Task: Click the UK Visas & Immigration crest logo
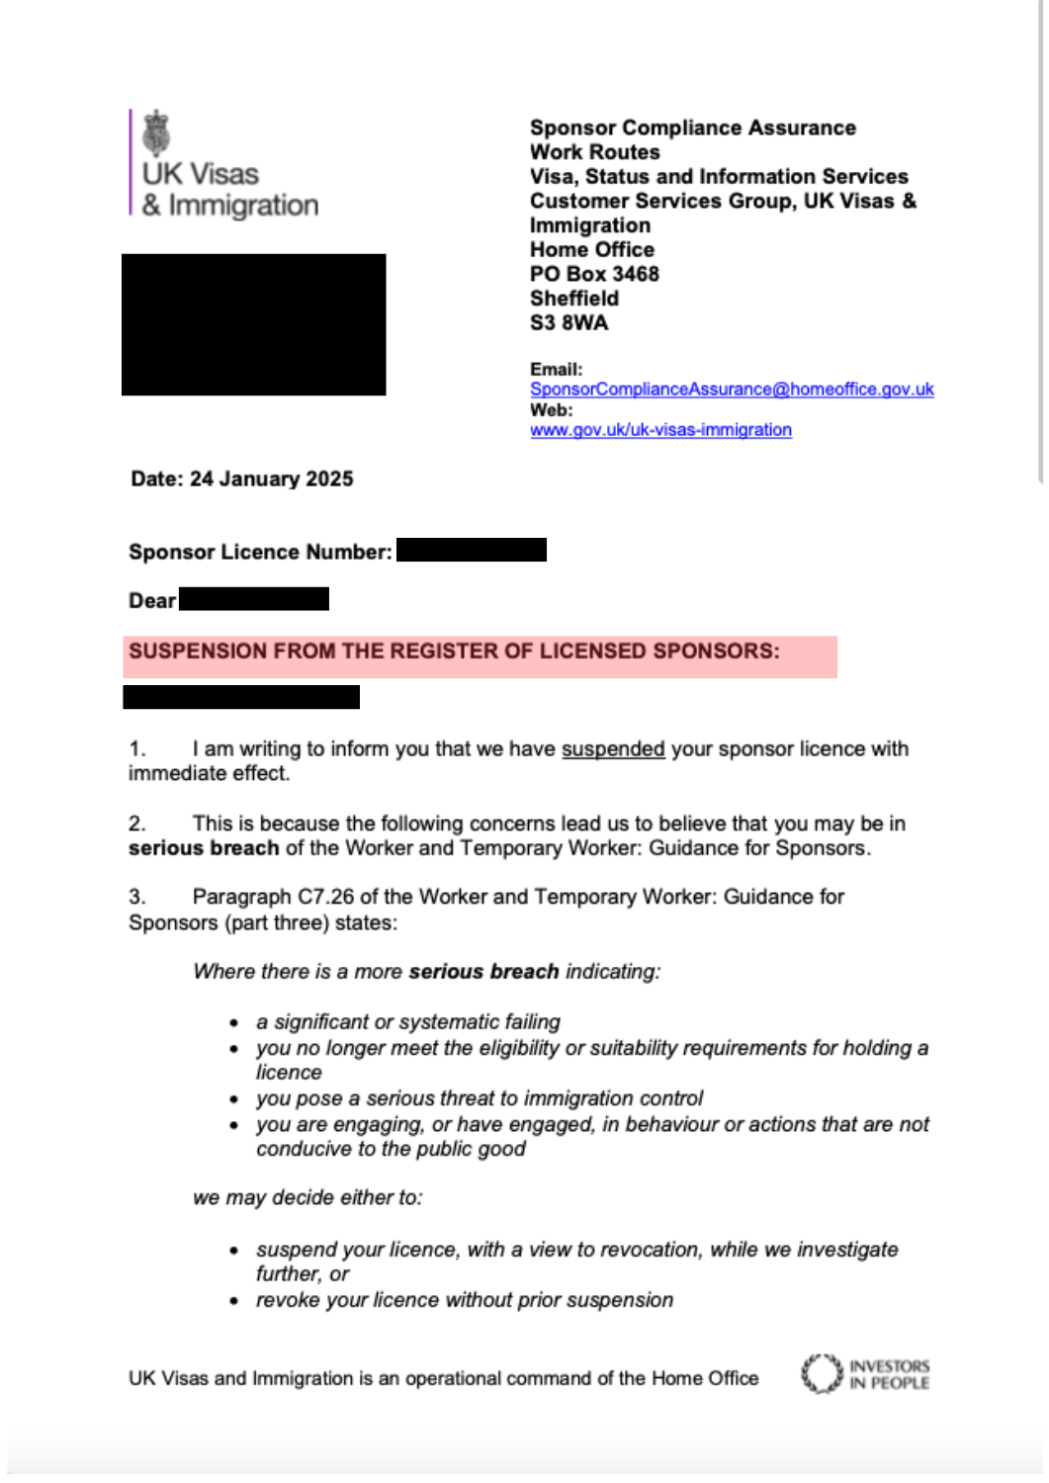coord(156,133)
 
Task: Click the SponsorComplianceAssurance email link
coord(732,390)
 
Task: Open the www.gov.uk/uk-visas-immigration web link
coord(660,430)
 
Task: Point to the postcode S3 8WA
coord(568,323)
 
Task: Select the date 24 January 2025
coord(271,480)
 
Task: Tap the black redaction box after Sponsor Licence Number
coord(471,550)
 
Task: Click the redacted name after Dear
coord(254,599)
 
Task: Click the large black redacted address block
coord(253,324)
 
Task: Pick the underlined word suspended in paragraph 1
coord(613,749)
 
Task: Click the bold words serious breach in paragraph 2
coord(204,848)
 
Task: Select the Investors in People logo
coord(865,1374)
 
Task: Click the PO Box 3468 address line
coord(594,274)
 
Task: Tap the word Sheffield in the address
coord(574,299)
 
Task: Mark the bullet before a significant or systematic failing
coord(234,1023)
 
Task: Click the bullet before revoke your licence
coord(234,1301)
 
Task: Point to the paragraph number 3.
coord(136,897)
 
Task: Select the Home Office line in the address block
coord(592,250)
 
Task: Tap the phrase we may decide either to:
coord(307,1198)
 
